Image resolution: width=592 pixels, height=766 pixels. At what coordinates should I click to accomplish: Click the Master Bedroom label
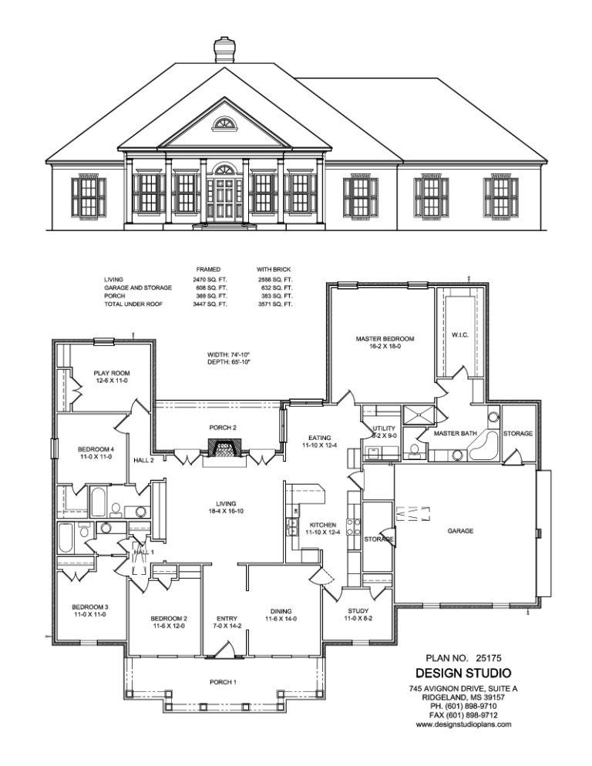(x=385, y=338)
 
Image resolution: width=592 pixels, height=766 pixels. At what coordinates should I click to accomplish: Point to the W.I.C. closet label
(x=460, y=336)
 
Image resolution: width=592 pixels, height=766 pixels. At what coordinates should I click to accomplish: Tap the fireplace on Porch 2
(x=223, y=448)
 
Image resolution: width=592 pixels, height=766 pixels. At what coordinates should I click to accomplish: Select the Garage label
(x=460, y=530)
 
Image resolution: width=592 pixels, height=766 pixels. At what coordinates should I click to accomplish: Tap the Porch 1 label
(x=222, y=682)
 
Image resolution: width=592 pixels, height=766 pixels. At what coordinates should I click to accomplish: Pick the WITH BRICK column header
(x=274, y=270)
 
